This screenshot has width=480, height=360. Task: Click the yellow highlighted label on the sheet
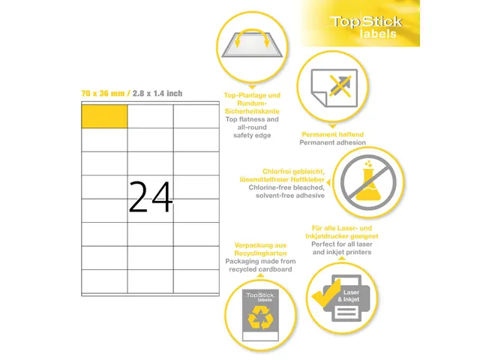click(x=104, y=116)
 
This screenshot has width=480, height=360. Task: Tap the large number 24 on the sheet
click(x=151, y=196)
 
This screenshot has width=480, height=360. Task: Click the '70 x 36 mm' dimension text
click(x=103, y=93)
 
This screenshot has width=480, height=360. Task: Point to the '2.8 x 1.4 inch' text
click(x=157, y=93)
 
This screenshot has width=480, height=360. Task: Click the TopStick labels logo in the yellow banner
click(x=366, y=27)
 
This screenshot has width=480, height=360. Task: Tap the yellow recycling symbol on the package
click(x=260, y=318)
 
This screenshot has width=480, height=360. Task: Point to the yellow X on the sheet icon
click(x=340, y=86)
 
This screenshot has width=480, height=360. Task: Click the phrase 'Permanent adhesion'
click(x=332, y=142)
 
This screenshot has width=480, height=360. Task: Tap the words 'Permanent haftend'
click(x=332, y=134)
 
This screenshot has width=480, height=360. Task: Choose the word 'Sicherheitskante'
click(x=252, y=111)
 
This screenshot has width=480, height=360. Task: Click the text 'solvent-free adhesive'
click(x=290, y=195)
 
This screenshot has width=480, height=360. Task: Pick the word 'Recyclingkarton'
click(x=260, y=253)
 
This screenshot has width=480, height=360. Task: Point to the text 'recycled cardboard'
click(x=260, y=269)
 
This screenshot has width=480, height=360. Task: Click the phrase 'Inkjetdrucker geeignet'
click(x=342, y=236)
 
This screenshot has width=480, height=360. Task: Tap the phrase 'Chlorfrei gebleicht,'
click(x=293, y=172)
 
